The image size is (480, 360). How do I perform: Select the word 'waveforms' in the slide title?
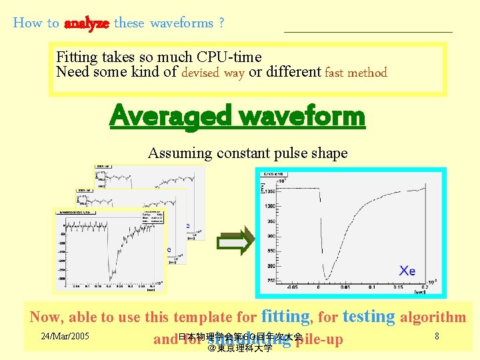coord(181,23)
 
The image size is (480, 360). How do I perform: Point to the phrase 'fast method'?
coord(355,73)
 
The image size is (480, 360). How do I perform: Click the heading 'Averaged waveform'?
coord(237,116)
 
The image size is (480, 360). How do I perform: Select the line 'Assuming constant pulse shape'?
coord(247,153)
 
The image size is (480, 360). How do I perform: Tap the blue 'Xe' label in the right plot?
coord(407,270)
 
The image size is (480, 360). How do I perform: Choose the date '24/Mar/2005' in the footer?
coord(65,336)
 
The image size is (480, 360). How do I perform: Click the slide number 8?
coord(437,336)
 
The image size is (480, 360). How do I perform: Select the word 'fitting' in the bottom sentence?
coord(286,316)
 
